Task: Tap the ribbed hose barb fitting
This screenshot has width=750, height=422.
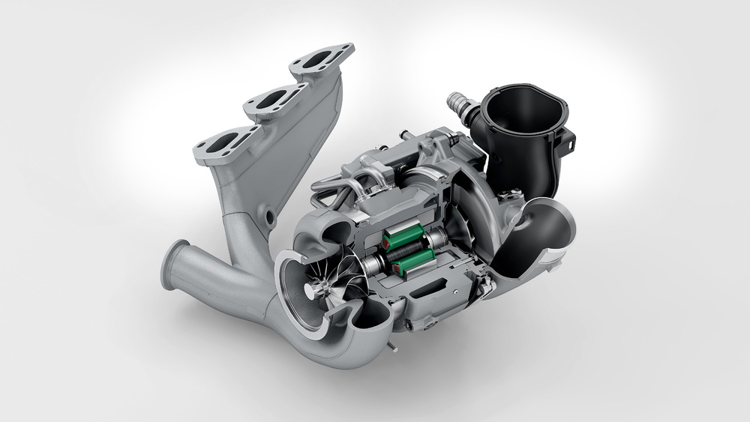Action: click(458, 104)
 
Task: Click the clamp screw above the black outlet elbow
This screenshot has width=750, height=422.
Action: click(489, 284)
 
